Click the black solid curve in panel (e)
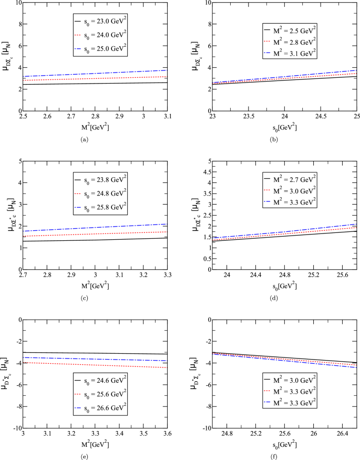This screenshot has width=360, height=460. click(95, 353)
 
